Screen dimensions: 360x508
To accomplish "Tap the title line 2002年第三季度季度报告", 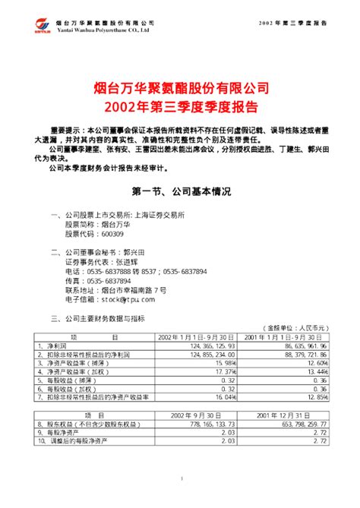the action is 179,105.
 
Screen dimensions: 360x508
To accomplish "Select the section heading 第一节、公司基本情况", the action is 179,190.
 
